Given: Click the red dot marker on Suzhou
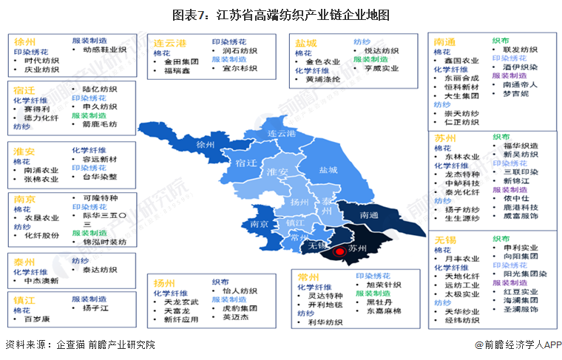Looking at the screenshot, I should tap(340, 251).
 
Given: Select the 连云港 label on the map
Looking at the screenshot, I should tap(282, 133).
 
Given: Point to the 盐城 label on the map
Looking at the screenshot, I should tap(328, 170).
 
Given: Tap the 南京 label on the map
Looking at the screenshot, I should tap(259, 223).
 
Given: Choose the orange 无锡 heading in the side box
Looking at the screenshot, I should tap(445, 241).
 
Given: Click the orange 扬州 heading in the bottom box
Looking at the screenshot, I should tap(164, 282).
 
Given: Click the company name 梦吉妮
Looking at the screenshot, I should tap(515, 94).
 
